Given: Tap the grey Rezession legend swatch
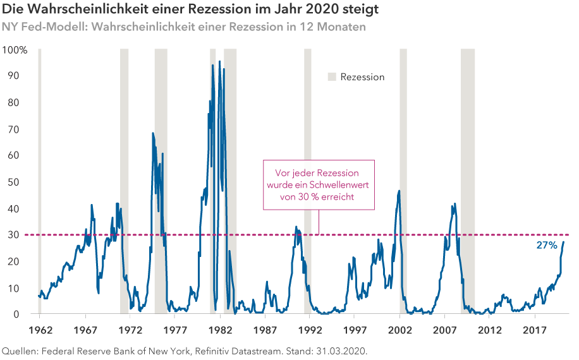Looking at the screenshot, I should pos(332,77).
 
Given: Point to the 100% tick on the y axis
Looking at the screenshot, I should pos(15,49).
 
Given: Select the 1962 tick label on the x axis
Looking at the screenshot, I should pos(39,330).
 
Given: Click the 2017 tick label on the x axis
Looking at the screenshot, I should pos(535,330).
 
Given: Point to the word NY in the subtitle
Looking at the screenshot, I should pos(9,28).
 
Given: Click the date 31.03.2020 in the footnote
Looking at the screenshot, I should pos(340,350).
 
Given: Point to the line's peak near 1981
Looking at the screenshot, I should pos(219,61).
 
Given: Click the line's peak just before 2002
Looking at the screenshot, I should pos(399,191).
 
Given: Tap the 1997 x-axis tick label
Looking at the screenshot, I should pos(355,330).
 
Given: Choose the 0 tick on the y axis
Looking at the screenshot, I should pos(16,314).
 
